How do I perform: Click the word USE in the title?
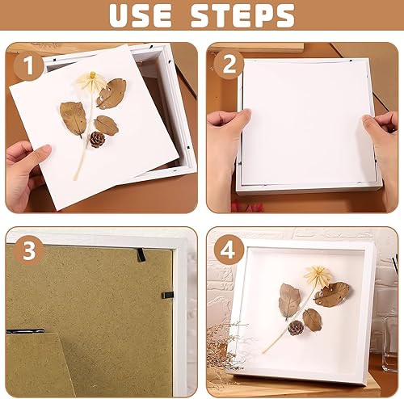point(141,15)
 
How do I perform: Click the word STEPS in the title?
point(242,15)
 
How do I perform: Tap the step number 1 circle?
point(29,65)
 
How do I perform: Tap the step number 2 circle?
point(229,65)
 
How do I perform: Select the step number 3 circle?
point(29,250)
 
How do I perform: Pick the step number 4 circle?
point(229,250)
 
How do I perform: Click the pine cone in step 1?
point(97,139)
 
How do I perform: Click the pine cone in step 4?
point(296,328)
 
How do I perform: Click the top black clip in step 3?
point(141,255)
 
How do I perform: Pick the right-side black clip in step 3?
point(167,296)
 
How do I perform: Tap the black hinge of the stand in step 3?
point(25,331)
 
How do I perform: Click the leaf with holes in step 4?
point(332,293)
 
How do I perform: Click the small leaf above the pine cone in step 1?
point(106,125)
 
